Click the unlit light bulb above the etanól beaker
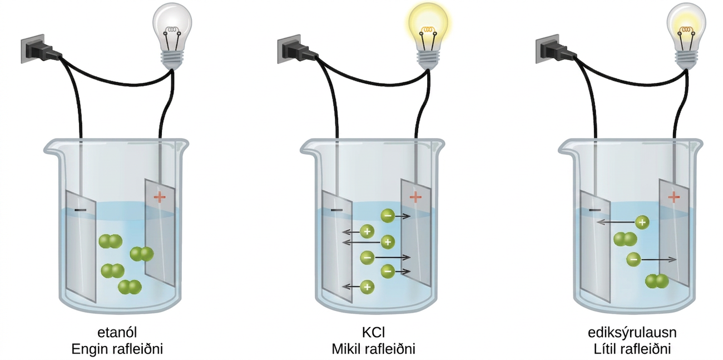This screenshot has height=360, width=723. coord(172,36)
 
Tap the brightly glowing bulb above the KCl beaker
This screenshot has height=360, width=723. coord(429,36)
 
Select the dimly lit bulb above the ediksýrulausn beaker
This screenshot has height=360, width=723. coord(686,36)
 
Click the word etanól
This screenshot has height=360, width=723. coord(117,332)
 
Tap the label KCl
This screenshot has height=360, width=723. coord(373,332)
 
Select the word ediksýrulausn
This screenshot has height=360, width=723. coord(632,333)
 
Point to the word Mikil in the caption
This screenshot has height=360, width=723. coord(346,349)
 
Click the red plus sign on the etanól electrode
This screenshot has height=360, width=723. coord(160,197)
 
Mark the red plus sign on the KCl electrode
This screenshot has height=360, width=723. coord(416,197)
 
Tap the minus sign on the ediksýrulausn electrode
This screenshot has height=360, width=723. coord(595,210)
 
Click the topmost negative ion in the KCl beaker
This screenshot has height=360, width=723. coord(388,216)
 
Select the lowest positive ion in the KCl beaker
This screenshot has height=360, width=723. coord(367,287)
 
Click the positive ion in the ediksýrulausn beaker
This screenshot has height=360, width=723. coord(642,223)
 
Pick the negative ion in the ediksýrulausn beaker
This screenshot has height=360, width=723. coord(633,260)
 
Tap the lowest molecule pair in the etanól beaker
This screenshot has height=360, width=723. coord(130,287)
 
